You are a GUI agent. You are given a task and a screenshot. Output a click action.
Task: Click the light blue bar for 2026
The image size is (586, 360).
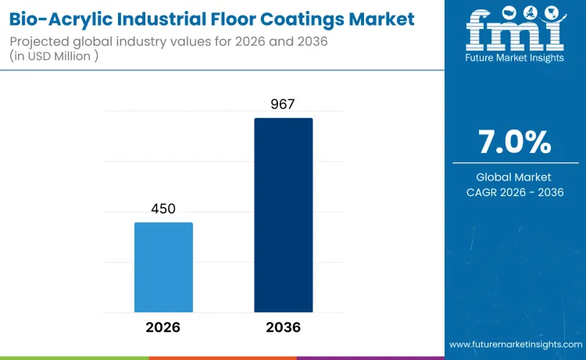pyautogui.click(x=163, y=267)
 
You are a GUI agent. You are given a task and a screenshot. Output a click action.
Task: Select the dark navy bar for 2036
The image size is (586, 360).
pyautogui.click(x=283, y=215)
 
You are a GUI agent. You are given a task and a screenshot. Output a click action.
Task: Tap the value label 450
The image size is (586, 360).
pyautogui.click(x=163, y=209)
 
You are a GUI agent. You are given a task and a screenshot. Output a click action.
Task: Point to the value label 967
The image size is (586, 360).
pyautogui.click(x=283, y=105)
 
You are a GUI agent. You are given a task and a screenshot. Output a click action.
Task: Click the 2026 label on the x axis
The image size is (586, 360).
pyautogui.click(x=163, y=327)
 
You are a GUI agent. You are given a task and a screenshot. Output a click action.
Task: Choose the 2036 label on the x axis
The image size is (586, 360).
pyautogui.click(x=283, y=327)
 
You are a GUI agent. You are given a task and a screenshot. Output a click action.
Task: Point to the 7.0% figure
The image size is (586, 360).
pyautogui.click(x=514, y=143)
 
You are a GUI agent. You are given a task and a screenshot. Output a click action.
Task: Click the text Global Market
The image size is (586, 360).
pyautogui.click(x=514, y=177)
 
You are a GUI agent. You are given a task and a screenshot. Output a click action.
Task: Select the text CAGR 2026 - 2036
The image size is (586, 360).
pyautogui.click(x=514, y=193)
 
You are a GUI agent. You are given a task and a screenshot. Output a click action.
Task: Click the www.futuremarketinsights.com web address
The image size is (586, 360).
pyautogui.click(x=516, y=344)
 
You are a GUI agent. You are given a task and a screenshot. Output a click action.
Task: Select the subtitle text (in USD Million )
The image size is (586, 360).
pyautogui.click(x=59, y=57)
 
